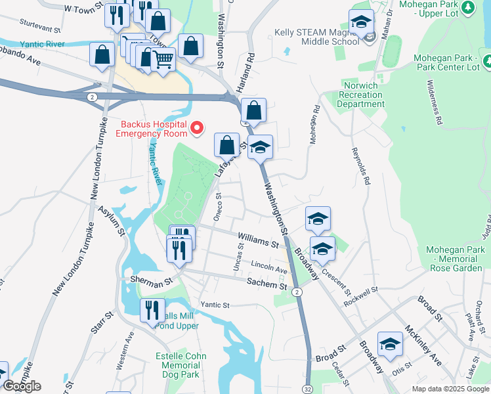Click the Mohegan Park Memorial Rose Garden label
[x=454, y=259]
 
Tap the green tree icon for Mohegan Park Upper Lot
[x=468, y=8]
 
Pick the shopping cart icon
[x=163, y=60]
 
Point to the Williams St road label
[x=258, y=239]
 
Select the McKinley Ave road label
[x=423, y=345]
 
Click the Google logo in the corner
[x=22, y=386]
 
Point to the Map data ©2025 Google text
[x=450, y=389]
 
